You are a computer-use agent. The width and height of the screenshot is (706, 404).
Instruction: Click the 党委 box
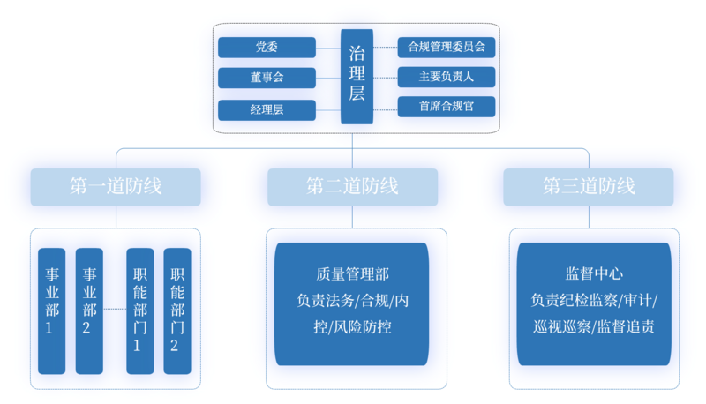point(266,47)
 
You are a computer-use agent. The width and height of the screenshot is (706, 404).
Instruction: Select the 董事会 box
point(266,78)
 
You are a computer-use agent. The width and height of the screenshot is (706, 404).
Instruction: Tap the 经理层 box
point(266,109)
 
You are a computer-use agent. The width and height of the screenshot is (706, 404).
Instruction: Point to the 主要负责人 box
point(447,77)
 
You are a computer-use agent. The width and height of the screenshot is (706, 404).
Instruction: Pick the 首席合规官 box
point(447,107)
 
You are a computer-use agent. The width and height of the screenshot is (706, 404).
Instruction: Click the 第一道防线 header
point(116,187)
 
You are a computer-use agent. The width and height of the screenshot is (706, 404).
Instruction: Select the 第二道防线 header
point(352,187)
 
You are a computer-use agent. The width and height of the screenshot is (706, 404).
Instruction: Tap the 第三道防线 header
point(589,187)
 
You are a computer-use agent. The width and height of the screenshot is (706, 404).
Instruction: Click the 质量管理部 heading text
point(352,275)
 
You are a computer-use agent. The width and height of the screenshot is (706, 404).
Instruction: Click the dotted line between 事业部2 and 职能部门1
point(115,309)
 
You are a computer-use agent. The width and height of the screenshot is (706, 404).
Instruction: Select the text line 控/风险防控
point(352,326)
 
